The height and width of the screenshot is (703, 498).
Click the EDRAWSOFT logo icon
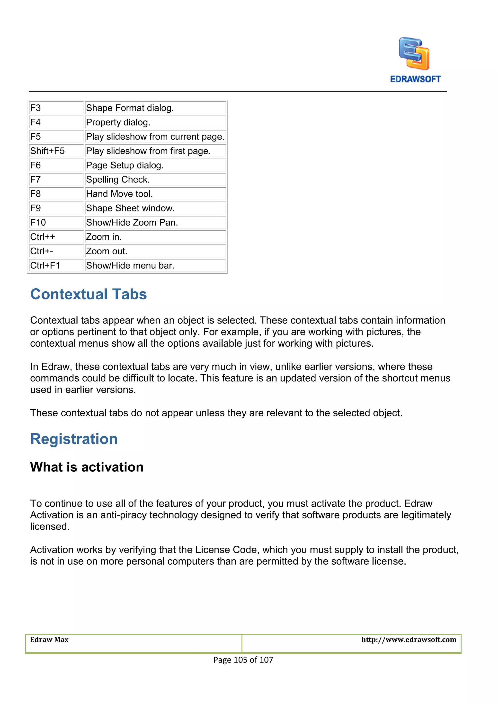pos(414,54)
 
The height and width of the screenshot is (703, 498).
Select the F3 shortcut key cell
pos(56,108)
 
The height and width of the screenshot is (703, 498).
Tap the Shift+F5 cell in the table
pos(56,151)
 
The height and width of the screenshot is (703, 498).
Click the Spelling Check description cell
pos(155,179)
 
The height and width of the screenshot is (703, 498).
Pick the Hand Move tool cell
pos(155,194)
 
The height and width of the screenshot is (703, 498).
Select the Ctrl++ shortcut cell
pos(56,237)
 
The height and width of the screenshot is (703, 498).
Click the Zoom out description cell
pos(155,251)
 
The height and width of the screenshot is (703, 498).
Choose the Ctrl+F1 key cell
pos(56,266)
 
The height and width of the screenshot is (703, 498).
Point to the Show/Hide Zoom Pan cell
pos(155,223)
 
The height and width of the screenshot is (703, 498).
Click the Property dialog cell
pos(155,122)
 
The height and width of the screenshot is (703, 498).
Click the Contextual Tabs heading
pos(88,294)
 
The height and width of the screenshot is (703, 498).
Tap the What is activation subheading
pos(87,467)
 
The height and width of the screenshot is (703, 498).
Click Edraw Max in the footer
pos(49,640)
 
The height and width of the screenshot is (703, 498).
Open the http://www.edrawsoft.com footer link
pos(409,640)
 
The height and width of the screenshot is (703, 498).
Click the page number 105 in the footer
pos(240,660)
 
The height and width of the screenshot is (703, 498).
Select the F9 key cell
pos(56,208)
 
